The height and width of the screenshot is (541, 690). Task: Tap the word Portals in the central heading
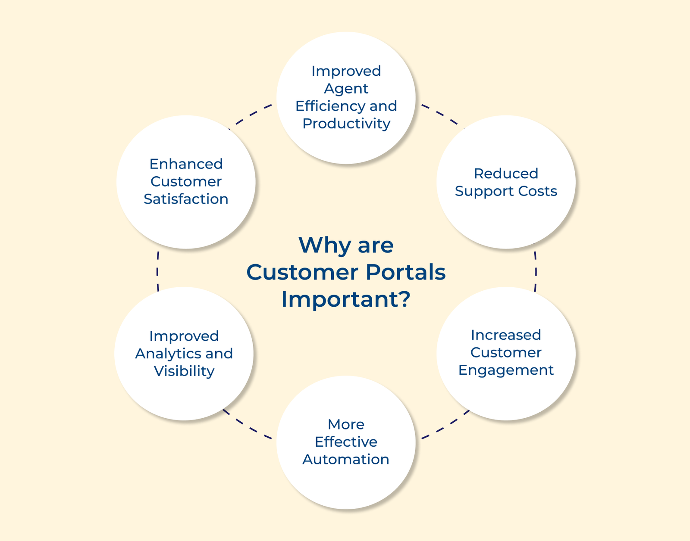tap(405, 272)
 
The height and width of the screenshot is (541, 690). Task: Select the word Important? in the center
tap(346, 299)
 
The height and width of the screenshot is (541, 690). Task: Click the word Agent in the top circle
tap(346, 88)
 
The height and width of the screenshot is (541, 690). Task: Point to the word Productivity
tap(346, 124)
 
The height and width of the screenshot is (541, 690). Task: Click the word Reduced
tap(506, 174)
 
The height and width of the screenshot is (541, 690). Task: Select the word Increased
tap(506, 335)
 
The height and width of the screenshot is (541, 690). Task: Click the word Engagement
tap(506, 370)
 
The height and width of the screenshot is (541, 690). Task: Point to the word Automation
tap(346, 460)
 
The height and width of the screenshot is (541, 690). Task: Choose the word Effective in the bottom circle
tap(346, 442)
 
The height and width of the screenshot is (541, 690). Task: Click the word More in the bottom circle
tap(346, 424)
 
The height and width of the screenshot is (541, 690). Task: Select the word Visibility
tap(184, 371)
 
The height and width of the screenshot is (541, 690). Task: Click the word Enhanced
tap(186, 164)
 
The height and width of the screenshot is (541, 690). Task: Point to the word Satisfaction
tap(186, 199)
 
